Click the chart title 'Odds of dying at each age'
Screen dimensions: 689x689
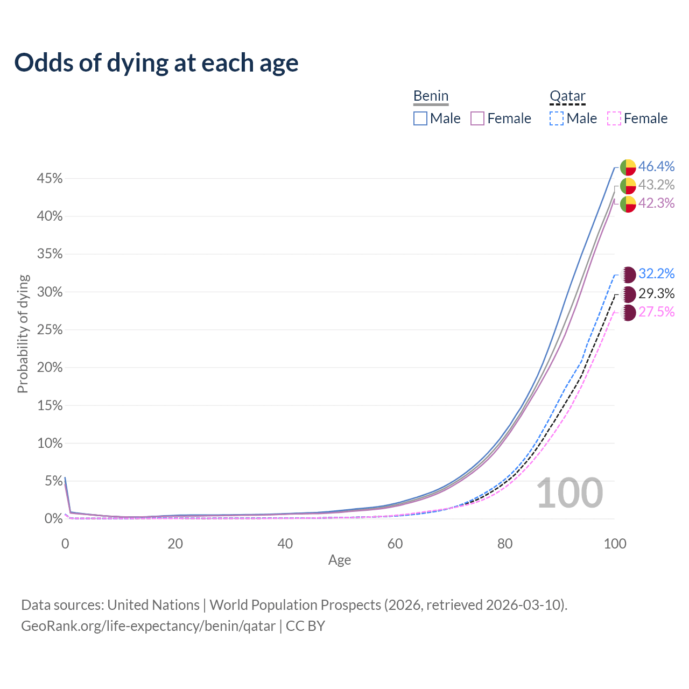point(156,63)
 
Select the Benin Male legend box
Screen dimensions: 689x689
point(420,118)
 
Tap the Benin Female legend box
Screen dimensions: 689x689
point(477,118)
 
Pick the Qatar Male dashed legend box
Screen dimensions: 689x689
point(557,118)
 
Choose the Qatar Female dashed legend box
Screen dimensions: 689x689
point(614,118)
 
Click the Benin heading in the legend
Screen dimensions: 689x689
point(431,96)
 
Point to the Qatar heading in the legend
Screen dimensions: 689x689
point(567,96)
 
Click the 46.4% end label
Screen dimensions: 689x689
point(656,166)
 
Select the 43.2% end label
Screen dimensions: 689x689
point(656,185)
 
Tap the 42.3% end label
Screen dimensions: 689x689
point(656,203)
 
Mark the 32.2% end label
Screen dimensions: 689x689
point(656,273)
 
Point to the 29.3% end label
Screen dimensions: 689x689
point(656,293)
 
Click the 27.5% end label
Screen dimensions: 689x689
point(656,312)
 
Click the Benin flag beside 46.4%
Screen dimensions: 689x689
point(628,167)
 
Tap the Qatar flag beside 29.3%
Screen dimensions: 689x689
point(628,294)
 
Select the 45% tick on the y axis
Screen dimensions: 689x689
point(50,179)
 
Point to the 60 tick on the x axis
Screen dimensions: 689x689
point(395,544)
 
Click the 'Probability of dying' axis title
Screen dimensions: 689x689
point(23,334)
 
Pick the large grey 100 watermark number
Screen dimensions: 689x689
point(570,493)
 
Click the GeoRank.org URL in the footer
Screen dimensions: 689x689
point(148,626)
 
